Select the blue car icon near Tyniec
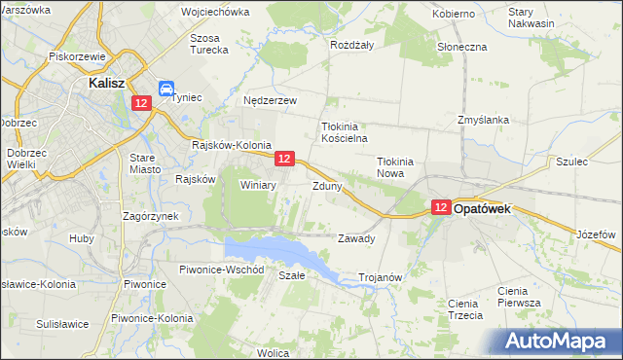(x=166, y=88)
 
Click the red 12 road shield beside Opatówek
(x=441, y=207)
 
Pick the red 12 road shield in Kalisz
(x=143, y=103)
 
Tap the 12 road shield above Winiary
(x=284, y=157)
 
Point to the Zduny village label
(x=327, y=185)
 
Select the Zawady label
(x=355, y=238)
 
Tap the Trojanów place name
(x=381, y=277)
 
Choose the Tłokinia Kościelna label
(x=342, y=132)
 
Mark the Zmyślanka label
(x=484, y=120)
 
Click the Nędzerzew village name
(x=270, y=100)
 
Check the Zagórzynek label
(x=148, y=216)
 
